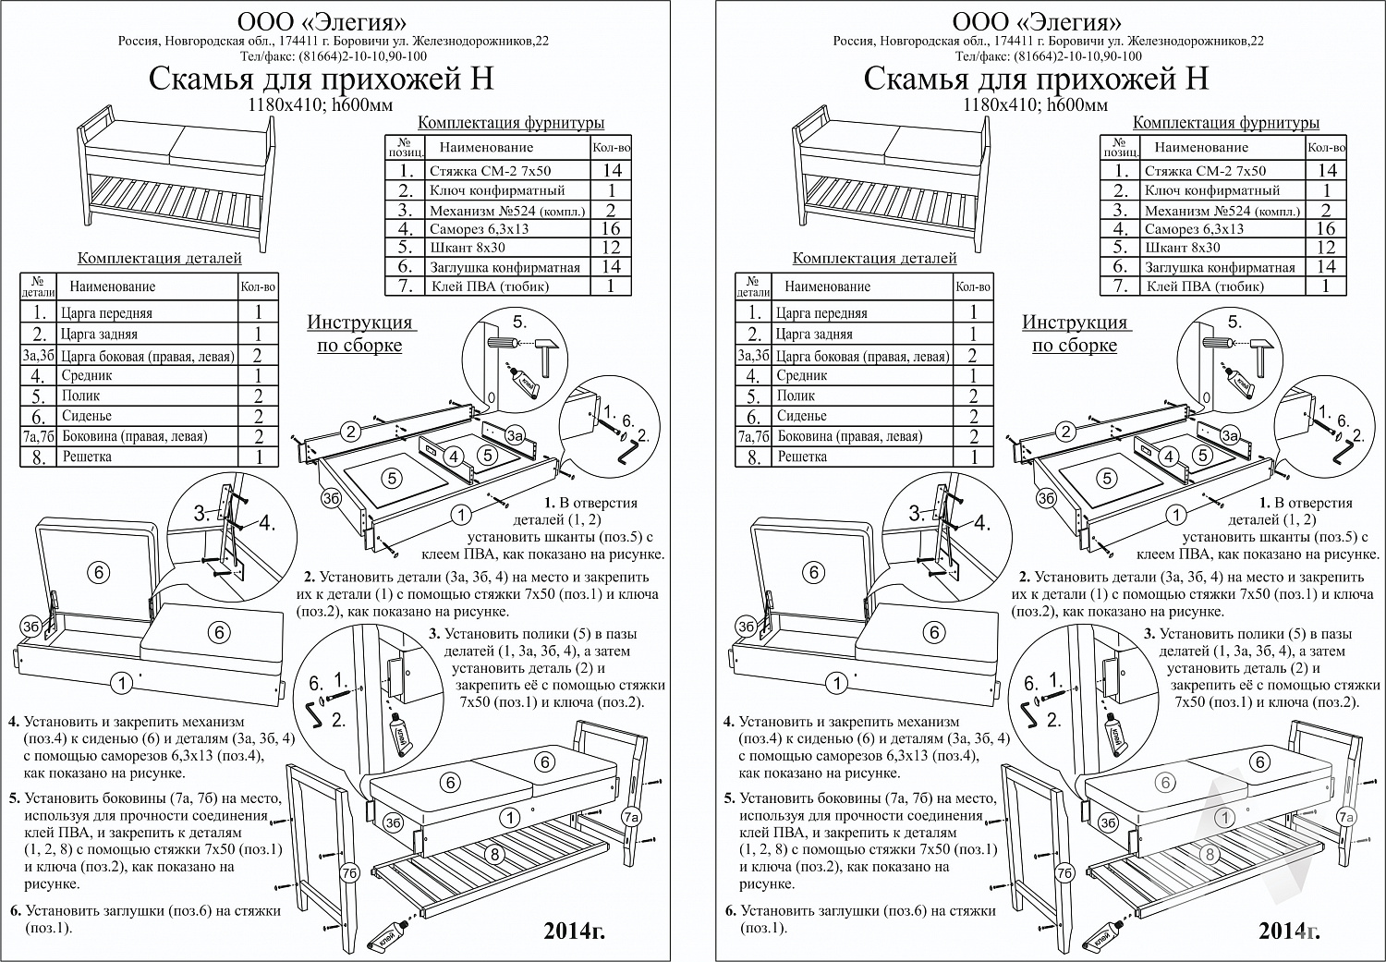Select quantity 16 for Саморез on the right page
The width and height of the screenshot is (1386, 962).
coord(1325,229)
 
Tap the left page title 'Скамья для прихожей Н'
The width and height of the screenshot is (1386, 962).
coord(322,79)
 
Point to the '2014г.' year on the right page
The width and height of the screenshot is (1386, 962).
coord(1289,932)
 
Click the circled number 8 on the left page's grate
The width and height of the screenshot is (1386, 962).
coord(494,855)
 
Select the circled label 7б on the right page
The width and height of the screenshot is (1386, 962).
coord(1064,873)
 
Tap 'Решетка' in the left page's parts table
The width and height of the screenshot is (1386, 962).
coord(87,457)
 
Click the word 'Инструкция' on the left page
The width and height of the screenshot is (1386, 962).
coord(359,323)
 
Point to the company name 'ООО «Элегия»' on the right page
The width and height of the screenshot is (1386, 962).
coord(1037,22)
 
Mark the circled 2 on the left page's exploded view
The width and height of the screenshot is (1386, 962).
coord(351,432)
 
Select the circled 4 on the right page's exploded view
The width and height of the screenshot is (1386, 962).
coord(1169,457)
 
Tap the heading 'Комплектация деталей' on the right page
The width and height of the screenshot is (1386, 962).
coord(874,258)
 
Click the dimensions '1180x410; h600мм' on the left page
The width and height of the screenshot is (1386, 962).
coord(321,105)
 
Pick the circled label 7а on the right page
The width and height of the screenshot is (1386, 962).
coord(1345,818)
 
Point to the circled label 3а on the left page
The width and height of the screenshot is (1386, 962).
coord(515,435)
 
